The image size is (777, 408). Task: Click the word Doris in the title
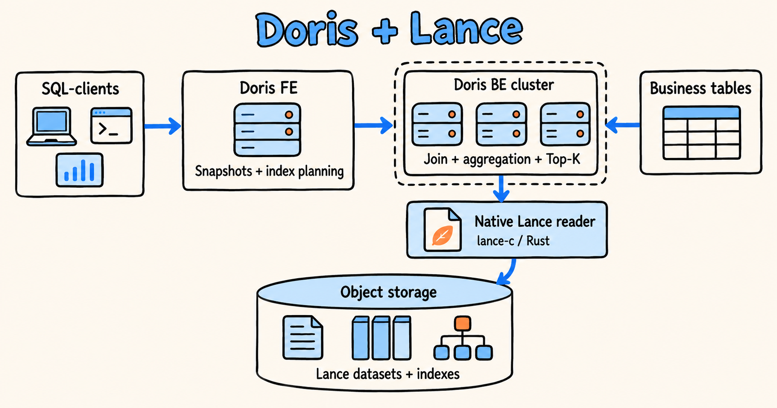(307, 30)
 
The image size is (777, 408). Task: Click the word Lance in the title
(466, 29)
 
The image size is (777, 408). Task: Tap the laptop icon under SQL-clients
(52, 126)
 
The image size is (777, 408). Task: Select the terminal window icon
(111, 125)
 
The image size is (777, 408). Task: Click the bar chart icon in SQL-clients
(79, 170)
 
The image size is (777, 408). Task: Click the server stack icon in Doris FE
(268, 130)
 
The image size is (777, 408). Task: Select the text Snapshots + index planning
(269, 171)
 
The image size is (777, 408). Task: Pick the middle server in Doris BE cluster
(501, 124)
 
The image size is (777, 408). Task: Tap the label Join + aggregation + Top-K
(502, 159)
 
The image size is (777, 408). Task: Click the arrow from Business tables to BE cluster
(622, 125)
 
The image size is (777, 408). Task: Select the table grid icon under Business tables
(702, 133)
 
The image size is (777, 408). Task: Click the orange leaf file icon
(442, 229)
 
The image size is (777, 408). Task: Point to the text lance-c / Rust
(513, 241)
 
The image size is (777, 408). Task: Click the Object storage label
(388, 292)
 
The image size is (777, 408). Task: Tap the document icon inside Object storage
(303, 338)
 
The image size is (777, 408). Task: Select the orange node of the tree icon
(463, 323)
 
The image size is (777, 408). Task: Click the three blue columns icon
(381, 338)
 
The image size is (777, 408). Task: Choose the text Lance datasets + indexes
(388, 374)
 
